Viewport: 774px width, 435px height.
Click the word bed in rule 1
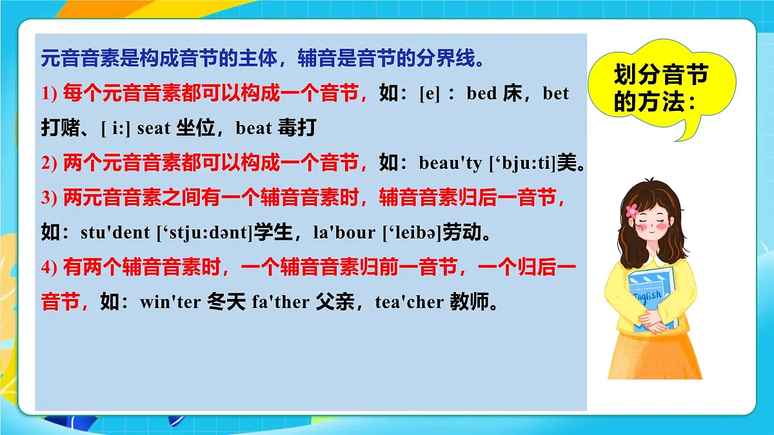point(481,94)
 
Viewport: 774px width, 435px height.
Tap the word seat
point(154,128)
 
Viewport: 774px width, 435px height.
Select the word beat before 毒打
point(254,128)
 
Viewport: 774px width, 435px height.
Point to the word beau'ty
point(450,164)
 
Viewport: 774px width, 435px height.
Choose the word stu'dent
point(115,233)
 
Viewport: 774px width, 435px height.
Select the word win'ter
point(170,302)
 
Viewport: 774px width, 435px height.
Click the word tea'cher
point(410,302)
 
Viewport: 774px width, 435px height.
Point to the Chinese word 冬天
point(226,302)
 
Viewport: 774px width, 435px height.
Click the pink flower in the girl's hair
point(631,210)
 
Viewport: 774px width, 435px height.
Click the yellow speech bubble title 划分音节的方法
point(660,88)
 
